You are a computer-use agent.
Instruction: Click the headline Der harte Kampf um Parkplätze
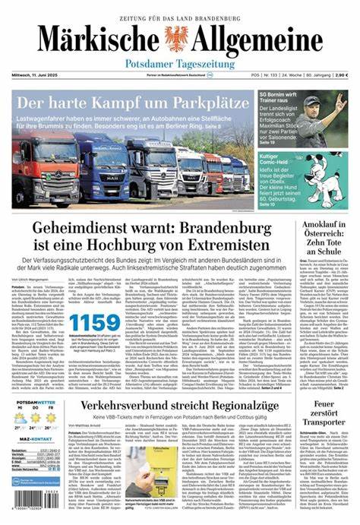tap(134, 102)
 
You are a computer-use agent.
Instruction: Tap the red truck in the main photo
tap(39, 171)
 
